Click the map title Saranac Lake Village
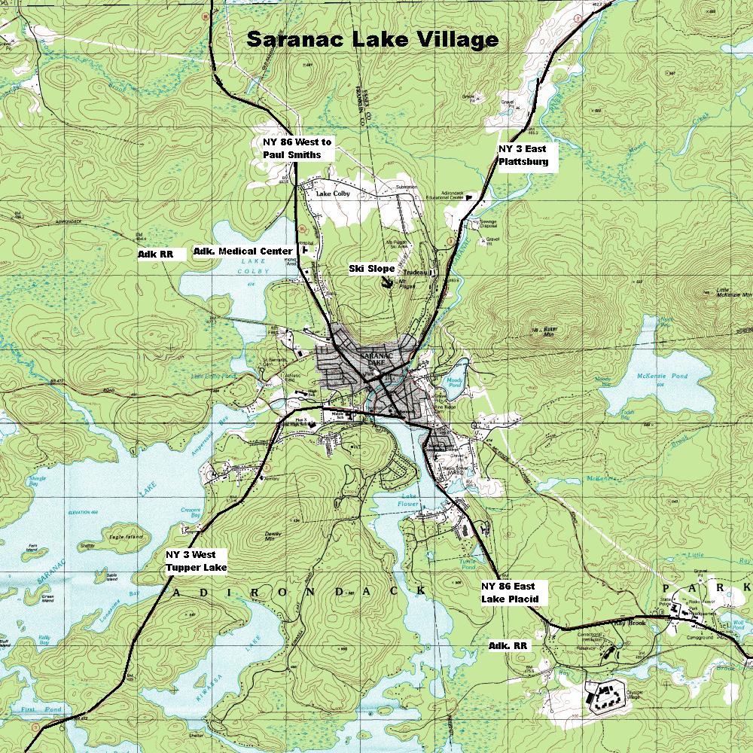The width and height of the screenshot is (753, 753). click(372, 40)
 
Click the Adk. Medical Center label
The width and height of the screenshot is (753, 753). click(242, 252)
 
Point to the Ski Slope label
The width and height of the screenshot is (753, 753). click(372, 269)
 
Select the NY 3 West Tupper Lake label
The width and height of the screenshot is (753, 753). click(196, 561)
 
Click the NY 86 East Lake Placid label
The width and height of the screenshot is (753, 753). click(510, 593)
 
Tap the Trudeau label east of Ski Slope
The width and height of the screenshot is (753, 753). click(414, 273)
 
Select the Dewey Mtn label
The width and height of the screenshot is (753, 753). click(273, 538)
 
